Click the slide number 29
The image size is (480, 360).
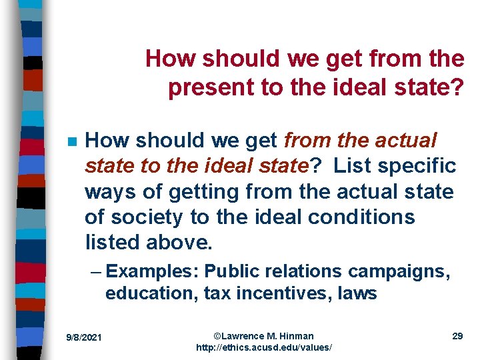click(x=457, y=336)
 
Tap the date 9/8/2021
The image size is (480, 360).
click(x=84, y=338)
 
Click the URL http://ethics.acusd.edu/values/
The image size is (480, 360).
click(x=264, y=348)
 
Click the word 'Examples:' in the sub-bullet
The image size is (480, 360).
click(x=153, y=271)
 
